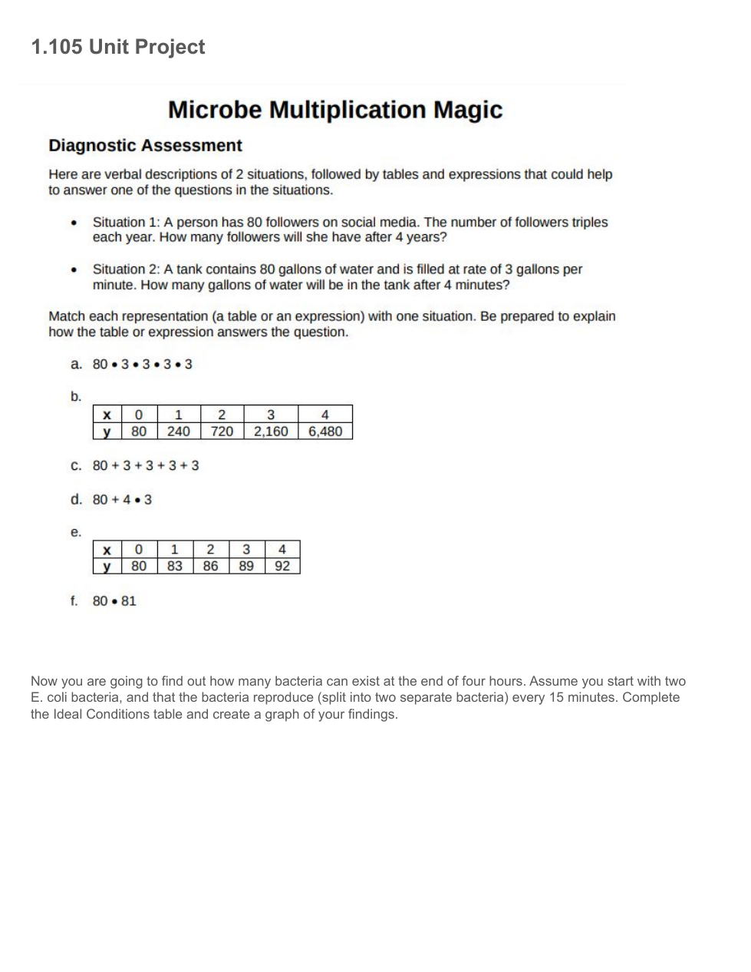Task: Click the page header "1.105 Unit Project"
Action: [x=117, y=47]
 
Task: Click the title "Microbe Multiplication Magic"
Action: [x=335, y=110]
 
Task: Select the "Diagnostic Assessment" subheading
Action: [x=145, y=146]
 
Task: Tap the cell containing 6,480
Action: [x=325, y=431]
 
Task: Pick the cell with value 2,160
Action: [x=271, y=431]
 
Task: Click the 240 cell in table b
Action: [x=179, y=431]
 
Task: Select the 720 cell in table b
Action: [x=222, y=431]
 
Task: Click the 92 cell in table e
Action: [x=282, y=566]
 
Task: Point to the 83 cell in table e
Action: [x=175, y=566]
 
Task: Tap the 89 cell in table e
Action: [x=246, y=566]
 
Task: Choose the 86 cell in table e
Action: [x=210, y=566]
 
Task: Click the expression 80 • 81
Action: [x=114, y=601]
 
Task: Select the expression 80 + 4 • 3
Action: [x=122, y=500]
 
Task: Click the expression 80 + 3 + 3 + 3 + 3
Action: [x=146, y=466]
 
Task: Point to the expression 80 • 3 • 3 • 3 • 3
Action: [x=143, y=364]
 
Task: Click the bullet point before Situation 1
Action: [x=74, y=223]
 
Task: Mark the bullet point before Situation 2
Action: [x=74, y=270]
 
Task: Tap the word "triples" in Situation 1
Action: [x=586, y=223]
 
